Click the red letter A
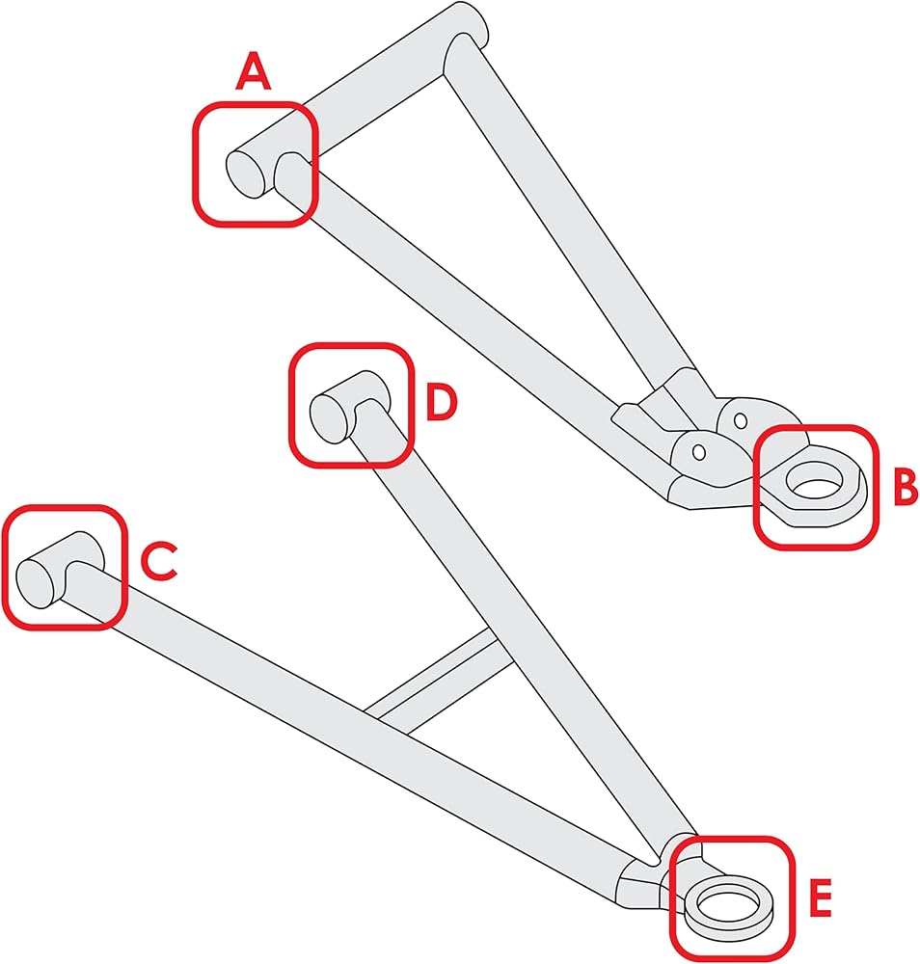[x=253, y=71]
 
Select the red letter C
[x=159, y=561]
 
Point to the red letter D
[x=442, y=402]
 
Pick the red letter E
[x=820, y=897]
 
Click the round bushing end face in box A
[x=246, y=174]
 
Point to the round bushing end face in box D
[x=330, y=419]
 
